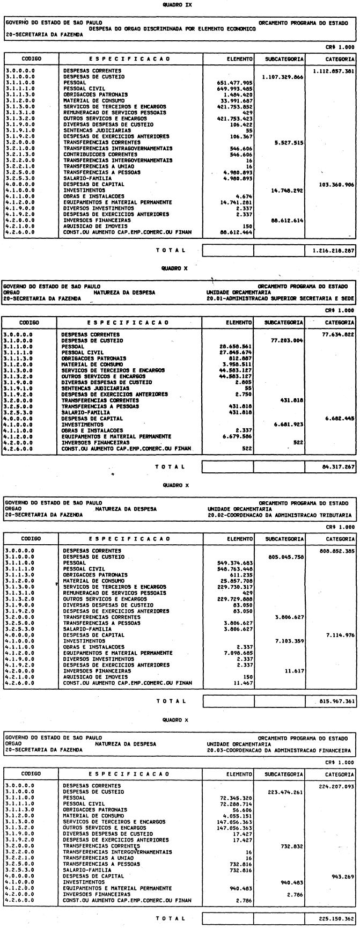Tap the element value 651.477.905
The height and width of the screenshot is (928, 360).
click(x=233, y=83)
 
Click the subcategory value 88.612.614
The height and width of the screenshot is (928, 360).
click(x=285, y=220)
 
